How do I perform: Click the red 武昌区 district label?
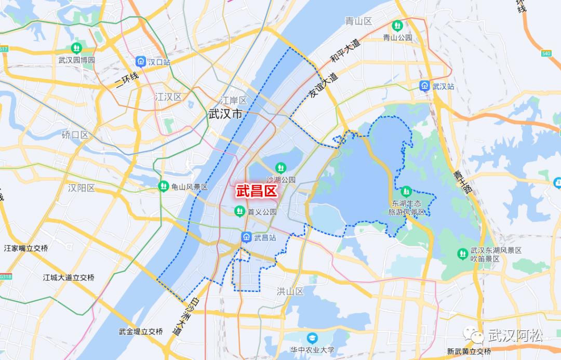click(256, 191)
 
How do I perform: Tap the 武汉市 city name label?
click(225, 114)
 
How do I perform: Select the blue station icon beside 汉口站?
click(140, 62)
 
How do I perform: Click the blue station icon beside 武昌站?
click(246, 237)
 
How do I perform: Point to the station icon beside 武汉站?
click(425, 86)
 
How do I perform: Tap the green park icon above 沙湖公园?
click(280, 167)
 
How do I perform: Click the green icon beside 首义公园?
click(239, 211)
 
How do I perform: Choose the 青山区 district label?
click(359, 21)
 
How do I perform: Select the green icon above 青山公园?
click(397, 25)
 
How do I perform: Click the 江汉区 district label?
click(168, 97)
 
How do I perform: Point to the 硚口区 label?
click(75, 135)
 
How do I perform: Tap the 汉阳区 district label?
click(82, 188)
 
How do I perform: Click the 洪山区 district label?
click(290, 291)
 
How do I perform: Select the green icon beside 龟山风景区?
click(164, 186)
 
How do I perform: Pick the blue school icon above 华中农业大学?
click(312, 338)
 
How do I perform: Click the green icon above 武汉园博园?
click(77, 48)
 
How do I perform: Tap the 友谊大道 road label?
click(324, 87)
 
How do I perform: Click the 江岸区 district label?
click(233, 100)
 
